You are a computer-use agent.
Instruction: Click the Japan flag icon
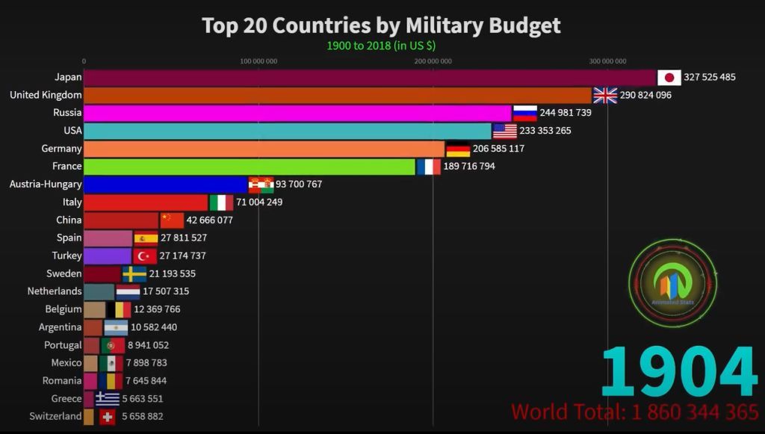[x=669, y=78]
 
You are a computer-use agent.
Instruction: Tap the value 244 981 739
[x=566, y=113]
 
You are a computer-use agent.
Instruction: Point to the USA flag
[x=505, y=131]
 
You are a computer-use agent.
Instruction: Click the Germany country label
[x=61, y=149]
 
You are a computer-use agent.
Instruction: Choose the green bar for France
[x=250, y=167]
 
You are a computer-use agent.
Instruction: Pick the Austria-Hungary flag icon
[x=261, y=185]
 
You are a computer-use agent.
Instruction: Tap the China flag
[x=172, y=220]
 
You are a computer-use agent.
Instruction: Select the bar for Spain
[x=108, y=238]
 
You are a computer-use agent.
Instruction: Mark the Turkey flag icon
[x=145, y=256]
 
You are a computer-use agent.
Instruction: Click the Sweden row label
[x=64, y=274]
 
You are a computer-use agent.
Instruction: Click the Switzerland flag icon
[x=108, y=417]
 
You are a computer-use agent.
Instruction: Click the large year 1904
[x=678, y=372]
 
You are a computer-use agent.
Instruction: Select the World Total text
[x=635, y=412]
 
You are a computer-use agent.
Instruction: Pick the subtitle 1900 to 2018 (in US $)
[x=381, y=46]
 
